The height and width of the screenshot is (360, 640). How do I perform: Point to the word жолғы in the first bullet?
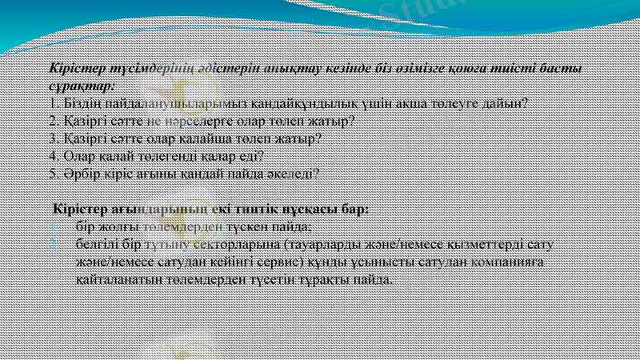(x=118, y=227)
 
